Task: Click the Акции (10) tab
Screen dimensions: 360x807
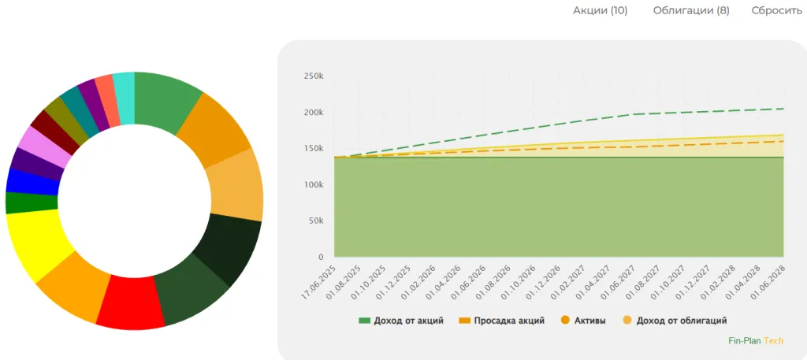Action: point(600,10)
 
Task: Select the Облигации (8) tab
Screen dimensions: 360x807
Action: point(691,10)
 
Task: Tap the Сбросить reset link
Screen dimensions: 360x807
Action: point(776,10)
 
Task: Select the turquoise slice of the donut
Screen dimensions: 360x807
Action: point(124,87)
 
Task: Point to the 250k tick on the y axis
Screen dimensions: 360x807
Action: point(313,76)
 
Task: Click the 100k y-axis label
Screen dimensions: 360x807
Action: point(313,184)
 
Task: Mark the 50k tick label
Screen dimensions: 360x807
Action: point(315,221)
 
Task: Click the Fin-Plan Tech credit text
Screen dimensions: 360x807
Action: point(755,341)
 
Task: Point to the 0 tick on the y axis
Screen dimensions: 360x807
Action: point(321,257)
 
